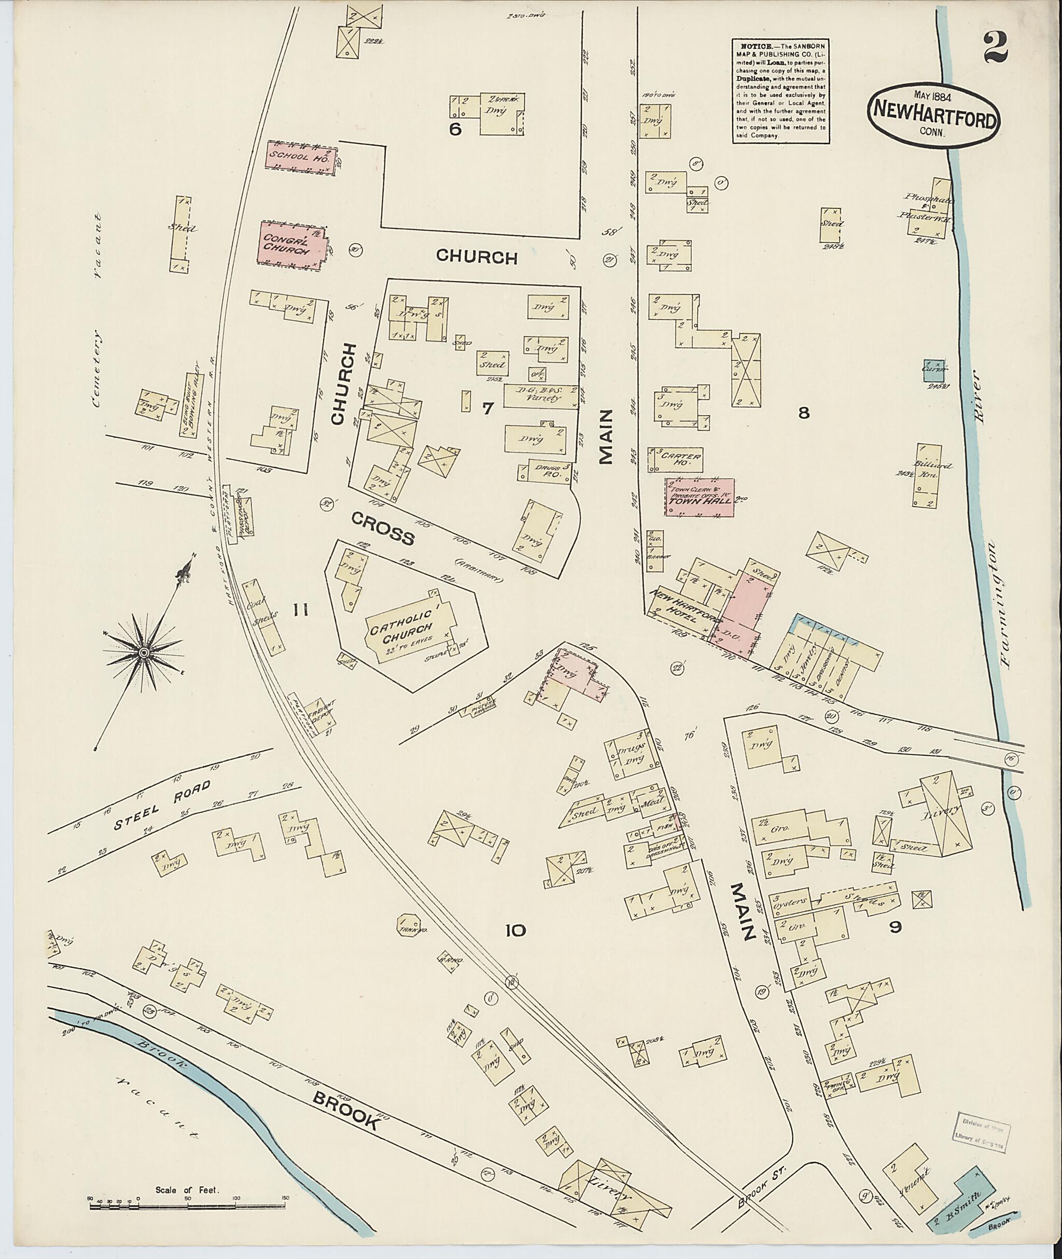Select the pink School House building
pos(300,158)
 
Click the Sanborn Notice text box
pos(781,90)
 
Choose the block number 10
pos(515,931)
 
